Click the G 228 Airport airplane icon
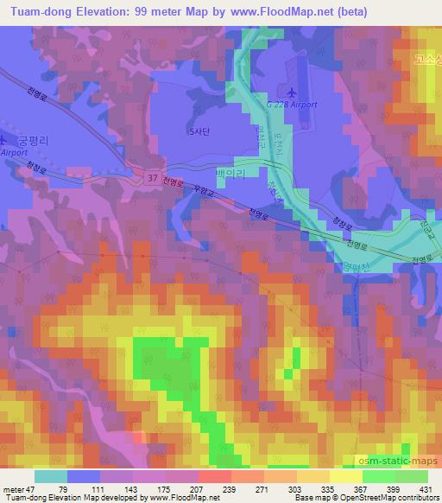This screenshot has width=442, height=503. (290, 92)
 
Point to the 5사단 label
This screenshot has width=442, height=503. (199, 132)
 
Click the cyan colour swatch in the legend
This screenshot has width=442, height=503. (51, 476)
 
